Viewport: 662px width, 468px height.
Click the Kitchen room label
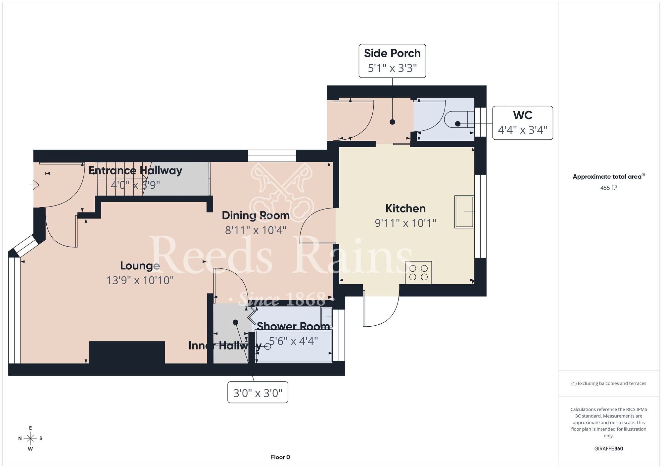[x=405, y=209]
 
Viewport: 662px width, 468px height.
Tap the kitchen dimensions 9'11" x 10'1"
[x=405, y=223]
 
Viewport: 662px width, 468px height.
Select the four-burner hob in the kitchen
[x=418, y=273]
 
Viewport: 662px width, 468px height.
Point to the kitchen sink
[x=464, y=211]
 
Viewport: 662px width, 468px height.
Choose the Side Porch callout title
[x=392, y=53]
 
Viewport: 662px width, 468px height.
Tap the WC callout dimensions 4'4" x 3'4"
[x=522, y=130]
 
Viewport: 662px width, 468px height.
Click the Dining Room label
[x=256, y=215]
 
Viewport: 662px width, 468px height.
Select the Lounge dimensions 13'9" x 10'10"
[x=140, y=280]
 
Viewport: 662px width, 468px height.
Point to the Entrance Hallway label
[x=135, y=170]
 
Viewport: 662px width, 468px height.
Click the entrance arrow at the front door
[x=34, y=185]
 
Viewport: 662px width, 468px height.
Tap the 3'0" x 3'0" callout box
[x=258, y=392]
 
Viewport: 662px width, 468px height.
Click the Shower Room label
[x=293, y=326]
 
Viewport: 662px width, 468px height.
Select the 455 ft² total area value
[x=609, y=188]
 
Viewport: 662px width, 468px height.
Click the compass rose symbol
[x=30, y=439]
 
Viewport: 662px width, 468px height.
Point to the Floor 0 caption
[x=280, y=457]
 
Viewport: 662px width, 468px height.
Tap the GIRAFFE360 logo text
[x=609, y=449]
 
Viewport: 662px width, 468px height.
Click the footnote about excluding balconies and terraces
[x=609, y=383]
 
